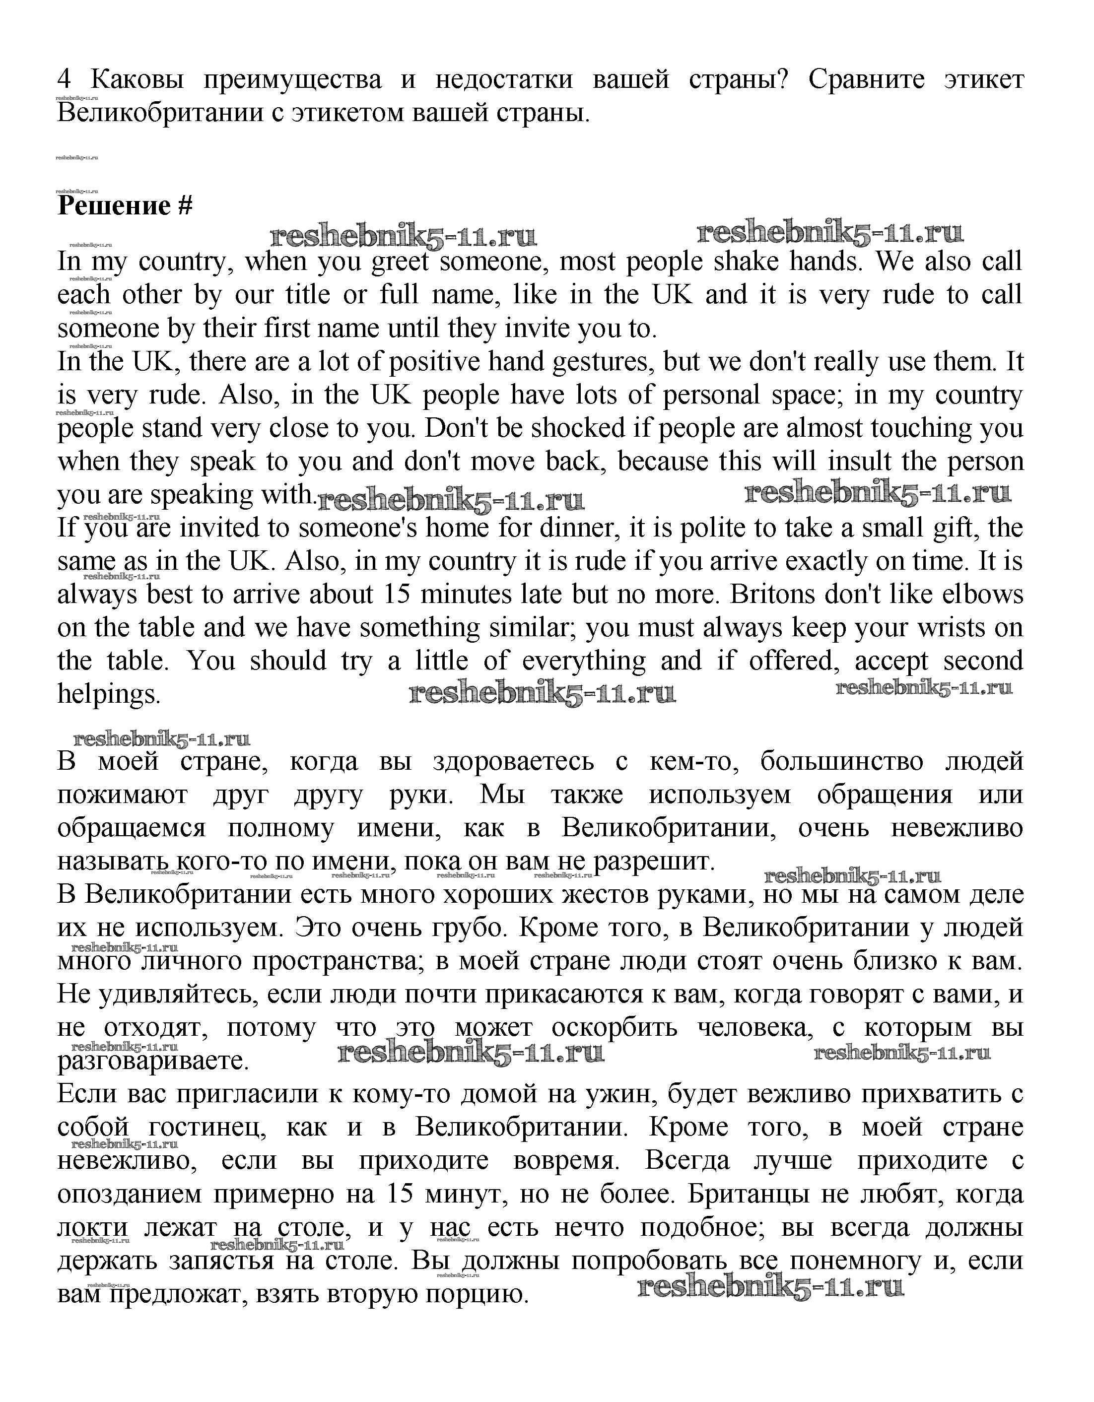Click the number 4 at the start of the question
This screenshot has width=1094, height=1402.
[x=64, y=79]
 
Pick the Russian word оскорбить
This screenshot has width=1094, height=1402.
[x=614, y=1028]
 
